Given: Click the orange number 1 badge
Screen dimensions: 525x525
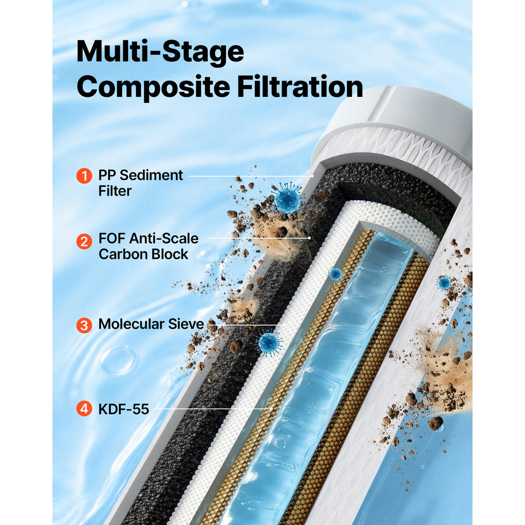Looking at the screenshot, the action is pyautogui.click(x=84, y=176).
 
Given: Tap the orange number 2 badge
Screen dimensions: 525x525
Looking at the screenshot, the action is pyautogui.click(x=84, y=241).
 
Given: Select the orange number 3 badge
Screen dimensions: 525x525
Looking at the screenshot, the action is pyautogui.click(x=84, y=326).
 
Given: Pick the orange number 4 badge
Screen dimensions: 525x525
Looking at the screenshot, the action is pyautogui.click(x=84, y=409).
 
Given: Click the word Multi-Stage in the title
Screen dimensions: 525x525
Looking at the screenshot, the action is pyautogui.click(x=160, y=52).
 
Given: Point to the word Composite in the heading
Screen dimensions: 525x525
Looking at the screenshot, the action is pyautogui.click(x=153, y=87).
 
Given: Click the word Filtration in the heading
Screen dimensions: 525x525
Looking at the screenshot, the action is pyautogui.click(x=300, y=86).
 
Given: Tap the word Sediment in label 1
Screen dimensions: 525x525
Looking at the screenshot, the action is pyautogui.click(x=151, y=175).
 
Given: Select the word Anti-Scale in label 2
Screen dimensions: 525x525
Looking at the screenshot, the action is pyautogui.click(x=164, y=238).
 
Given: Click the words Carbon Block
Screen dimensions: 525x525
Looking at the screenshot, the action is pyautogui.click(x=144, y=254).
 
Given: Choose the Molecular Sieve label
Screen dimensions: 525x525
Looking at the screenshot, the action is pyautogui.click(x=151, y=324).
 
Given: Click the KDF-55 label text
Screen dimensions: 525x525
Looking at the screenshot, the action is pyautogui.click(x=124, y=409).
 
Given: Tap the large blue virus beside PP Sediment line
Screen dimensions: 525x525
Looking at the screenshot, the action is pyautogui.click(x=287, y=199).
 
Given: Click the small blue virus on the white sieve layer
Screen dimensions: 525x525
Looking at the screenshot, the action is pyautogui.click(x=335, y=274).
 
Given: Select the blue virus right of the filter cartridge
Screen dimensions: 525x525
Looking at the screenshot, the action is pyautogui.click(x=445, y=283).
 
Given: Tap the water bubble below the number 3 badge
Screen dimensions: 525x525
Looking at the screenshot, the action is pyautogui.click(x=118, y=360).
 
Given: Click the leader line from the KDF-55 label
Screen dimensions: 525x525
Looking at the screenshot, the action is pyautogui.click(x=212, y=409).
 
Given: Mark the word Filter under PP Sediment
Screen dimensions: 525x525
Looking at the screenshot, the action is pyautogui.click(x=115, y=191).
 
